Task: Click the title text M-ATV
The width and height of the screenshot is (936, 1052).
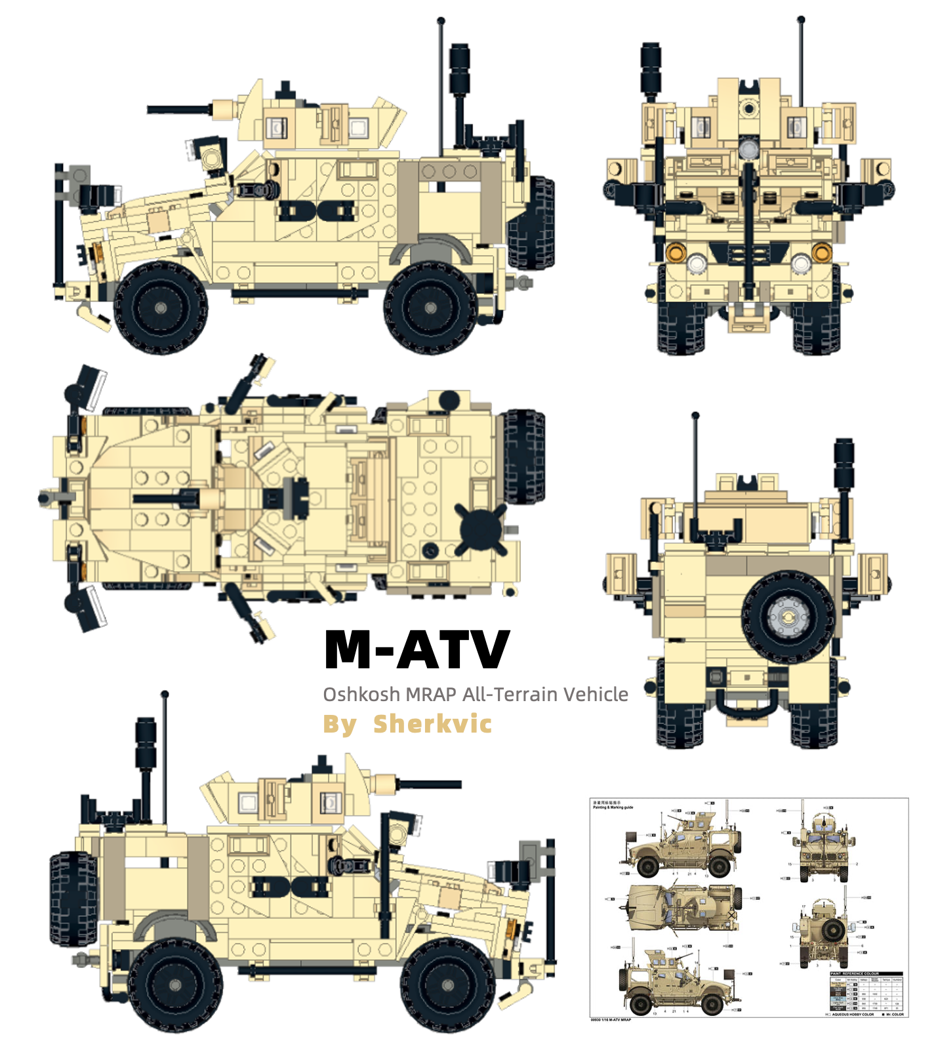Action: (417, 649)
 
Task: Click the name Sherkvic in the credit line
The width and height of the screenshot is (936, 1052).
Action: (432, 724)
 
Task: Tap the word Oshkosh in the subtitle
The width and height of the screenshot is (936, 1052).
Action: (361, 694)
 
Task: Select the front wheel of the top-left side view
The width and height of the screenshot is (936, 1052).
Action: (161, 308)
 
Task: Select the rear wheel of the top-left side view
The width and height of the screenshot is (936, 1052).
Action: (430, 308)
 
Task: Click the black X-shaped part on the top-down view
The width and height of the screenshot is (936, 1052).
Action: (481, 529)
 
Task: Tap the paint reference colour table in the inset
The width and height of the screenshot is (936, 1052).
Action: (867, 993)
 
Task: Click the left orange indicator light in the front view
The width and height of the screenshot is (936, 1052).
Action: (675, 251)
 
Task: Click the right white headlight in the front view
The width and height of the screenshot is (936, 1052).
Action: (800, 264)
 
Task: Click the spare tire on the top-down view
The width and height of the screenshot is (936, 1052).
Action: (522, 457)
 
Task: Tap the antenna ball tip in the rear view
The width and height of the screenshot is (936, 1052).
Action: (695, 415)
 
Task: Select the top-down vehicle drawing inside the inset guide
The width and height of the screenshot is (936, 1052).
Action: (682, 908)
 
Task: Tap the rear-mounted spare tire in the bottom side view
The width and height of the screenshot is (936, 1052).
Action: (72, 899)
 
